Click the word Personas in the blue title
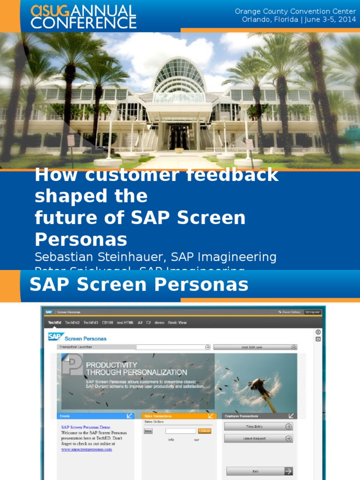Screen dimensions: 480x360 tap(81, 239)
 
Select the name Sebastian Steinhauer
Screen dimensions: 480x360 tap(100, 257)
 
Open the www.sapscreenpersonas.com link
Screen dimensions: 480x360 tap(87, 449)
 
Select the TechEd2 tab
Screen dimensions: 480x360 tap(73, 322)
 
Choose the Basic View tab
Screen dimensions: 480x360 tap(177, 322)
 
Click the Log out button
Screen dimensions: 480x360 tap(312, 312)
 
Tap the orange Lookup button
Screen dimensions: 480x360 tap(205, 431)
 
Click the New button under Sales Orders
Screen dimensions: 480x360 tap(148, 431)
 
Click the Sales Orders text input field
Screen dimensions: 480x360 tap(180, 431)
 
